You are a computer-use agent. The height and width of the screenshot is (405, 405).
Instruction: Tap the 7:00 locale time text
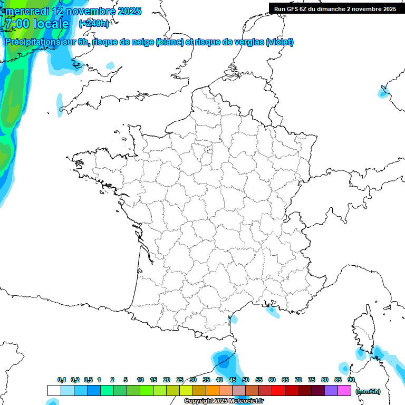point(37,24)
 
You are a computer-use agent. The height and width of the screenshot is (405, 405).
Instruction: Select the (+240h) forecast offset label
point(94,24)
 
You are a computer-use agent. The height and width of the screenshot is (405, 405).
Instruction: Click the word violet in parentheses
point(279,42)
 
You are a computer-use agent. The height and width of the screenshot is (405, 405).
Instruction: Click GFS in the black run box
point(294,9)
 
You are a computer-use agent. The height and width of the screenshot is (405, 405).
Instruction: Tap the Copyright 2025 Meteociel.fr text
point(224,401)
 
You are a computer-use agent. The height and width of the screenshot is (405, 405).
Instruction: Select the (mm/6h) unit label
point(368,391)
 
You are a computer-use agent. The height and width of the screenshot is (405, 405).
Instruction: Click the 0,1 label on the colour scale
point(62,380)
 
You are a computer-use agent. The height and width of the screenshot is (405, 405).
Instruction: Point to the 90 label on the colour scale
point(351,380)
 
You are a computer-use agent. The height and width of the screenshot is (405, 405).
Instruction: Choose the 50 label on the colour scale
point(246,380)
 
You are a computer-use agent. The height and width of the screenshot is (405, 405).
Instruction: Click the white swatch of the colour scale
point(54,390)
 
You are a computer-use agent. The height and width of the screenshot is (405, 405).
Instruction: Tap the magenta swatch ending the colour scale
point(344,390)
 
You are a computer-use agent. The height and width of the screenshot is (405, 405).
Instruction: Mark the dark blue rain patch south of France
point(224,362)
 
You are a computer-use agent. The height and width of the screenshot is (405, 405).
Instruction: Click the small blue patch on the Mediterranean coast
point(273,312)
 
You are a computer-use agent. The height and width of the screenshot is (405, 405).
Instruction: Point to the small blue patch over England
point(110,66)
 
